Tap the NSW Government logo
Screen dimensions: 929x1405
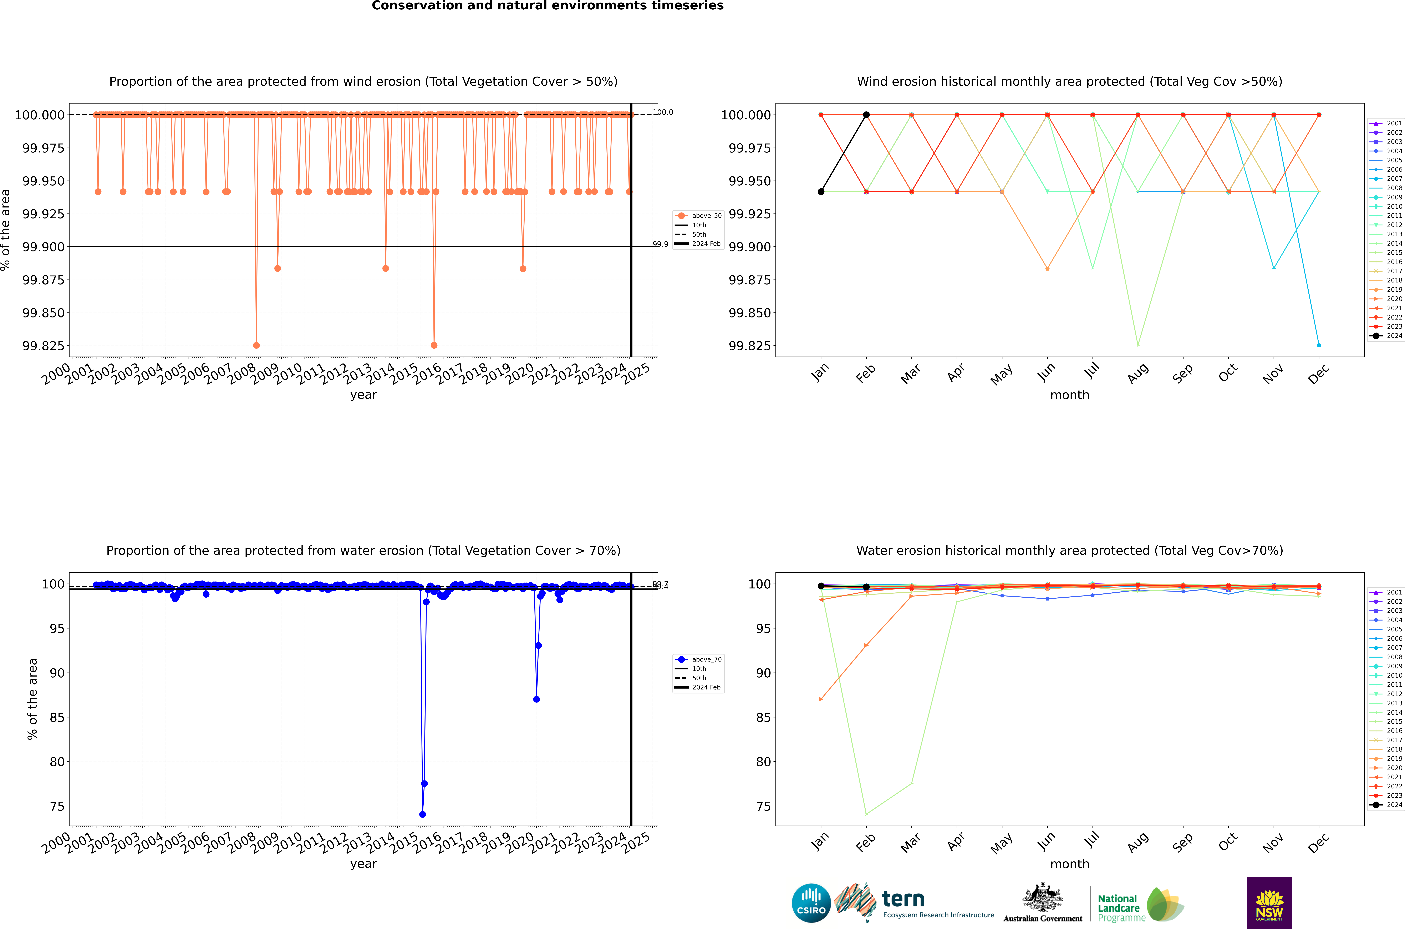[1269, 903]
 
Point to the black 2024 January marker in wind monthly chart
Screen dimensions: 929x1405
[821, 191]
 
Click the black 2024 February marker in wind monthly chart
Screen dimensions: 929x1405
[866, 115]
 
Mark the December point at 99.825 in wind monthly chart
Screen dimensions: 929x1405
[1319, 345]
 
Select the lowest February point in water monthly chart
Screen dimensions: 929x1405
[866, 814]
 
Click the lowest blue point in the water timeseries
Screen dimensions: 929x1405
[422, 814]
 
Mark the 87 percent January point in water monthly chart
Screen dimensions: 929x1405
[821, 699]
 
